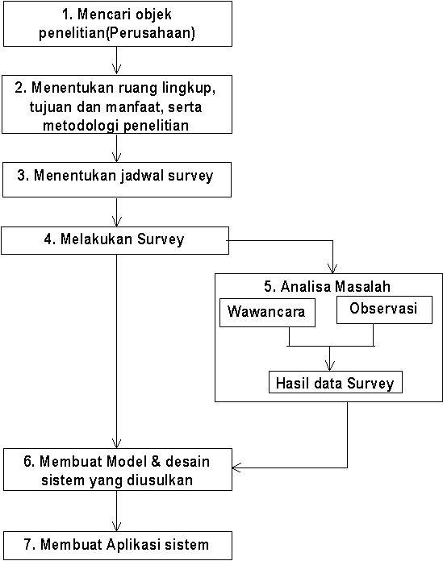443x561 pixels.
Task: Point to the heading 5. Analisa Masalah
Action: click(x=327, y=287)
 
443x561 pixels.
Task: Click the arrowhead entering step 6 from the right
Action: click(x=236, y=467)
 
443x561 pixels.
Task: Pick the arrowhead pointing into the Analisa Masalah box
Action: click(x=332, y=268)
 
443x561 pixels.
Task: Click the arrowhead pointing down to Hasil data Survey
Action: click(x=330, y=366)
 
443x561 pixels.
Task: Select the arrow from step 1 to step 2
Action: click(x=116, y=60)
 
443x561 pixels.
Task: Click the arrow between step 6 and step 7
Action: click(x=116, y=511)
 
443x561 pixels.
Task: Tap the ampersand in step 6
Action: click(x=156, y=461)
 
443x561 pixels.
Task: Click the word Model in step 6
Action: click(x=127, y=461)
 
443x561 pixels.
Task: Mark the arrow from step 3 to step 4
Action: click(x=116, y=212)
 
